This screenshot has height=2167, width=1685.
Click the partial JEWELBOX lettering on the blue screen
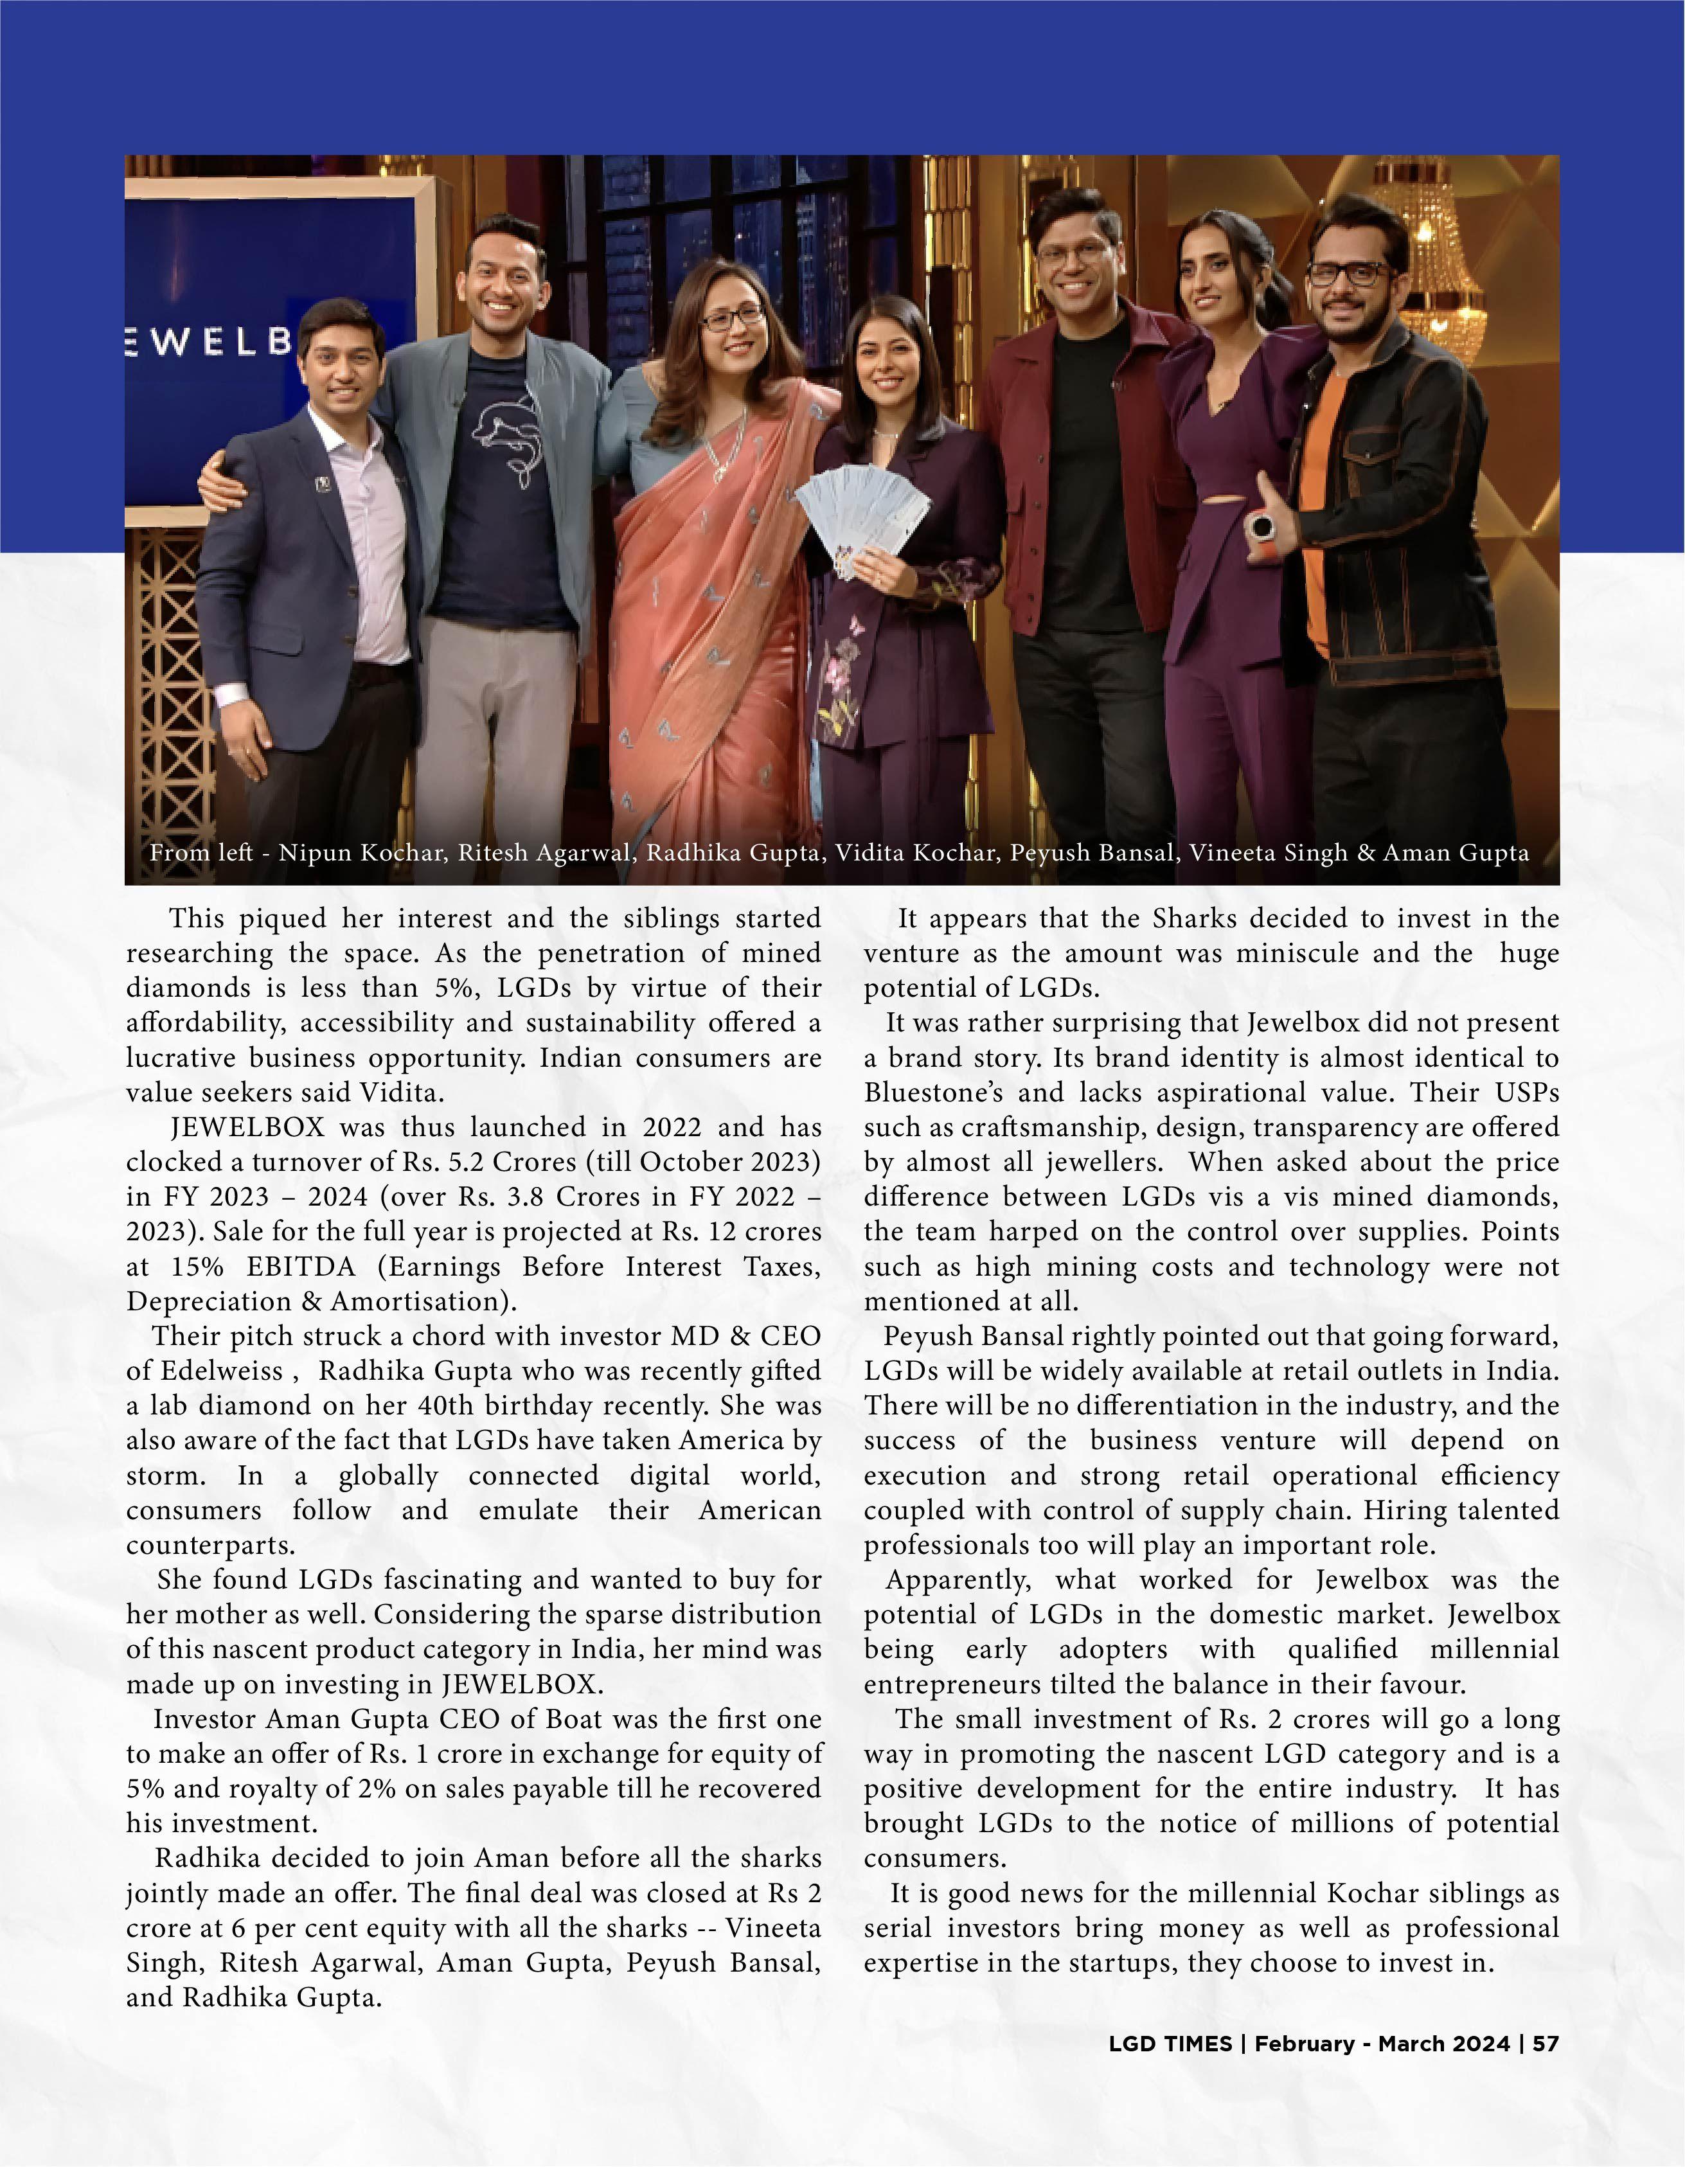(208, 343)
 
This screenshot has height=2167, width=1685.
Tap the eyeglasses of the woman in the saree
(733, 317)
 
